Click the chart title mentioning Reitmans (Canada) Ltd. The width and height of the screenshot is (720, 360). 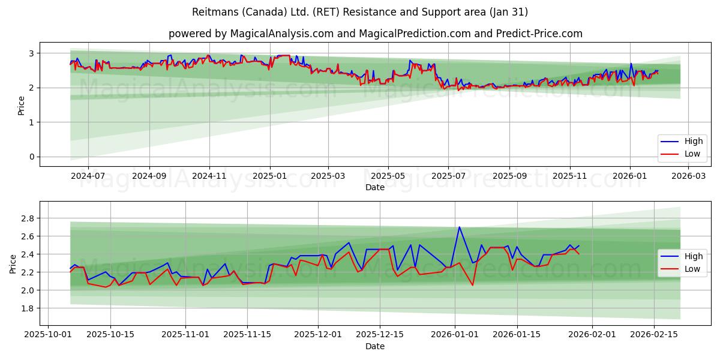click(x=360, y=12)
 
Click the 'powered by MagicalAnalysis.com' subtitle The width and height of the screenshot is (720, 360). click(x=375, y=34)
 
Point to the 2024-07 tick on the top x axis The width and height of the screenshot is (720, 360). click(x=88, y=177)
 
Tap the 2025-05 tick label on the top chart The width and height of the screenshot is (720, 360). click(x=388, y=177)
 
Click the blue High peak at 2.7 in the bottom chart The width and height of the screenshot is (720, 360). click(x=459, y=227)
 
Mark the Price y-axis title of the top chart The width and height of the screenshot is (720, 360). click(x=22, y=106)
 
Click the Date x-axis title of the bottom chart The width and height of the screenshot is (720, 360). click(x=375, y=346)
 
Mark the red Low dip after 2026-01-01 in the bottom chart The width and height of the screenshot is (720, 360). click(x=472, y=285)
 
